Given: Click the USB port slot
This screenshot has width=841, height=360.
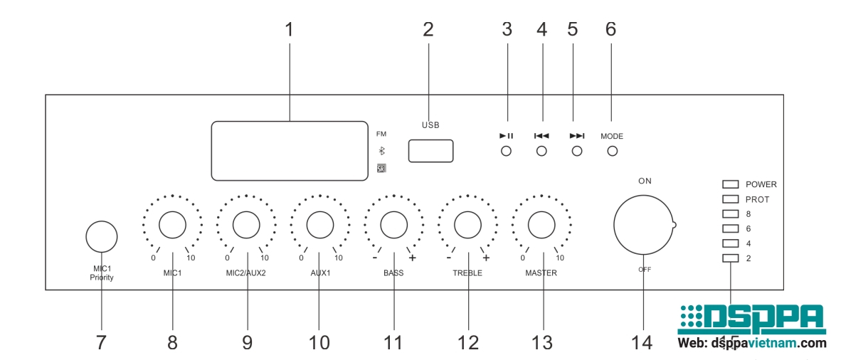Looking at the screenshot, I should click(x=430, y=151).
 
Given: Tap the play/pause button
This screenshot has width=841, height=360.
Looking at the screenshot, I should click(x=506, y=151).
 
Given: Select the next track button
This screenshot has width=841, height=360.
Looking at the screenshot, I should click(x=576, y=151).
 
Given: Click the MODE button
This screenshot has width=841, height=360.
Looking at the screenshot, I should click(x=611, y=151).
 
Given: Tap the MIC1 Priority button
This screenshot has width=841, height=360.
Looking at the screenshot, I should click(x=101, y=235).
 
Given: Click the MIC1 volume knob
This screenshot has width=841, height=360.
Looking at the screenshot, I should click(x=172, y=225).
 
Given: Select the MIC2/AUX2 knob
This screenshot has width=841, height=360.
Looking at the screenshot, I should click(x=245, y=225).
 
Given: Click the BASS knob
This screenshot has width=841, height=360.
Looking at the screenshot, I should click(x=393, y=225).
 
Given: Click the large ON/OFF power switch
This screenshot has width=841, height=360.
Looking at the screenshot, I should click(x=643, y=225).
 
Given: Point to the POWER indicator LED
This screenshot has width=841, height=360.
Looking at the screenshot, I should click(x=731, y=184).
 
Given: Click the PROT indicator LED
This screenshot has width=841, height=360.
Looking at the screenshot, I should click(x=731, y=199).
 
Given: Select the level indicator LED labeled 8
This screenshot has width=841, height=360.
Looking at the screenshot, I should click(x=731, y=213).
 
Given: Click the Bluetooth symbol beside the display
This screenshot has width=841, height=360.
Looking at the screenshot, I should click(x=381, y=151).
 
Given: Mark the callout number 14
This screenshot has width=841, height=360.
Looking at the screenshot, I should click(x=641, y=342).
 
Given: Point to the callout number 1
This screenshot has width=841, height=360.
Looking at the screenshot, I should click(x=289, y=30).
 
